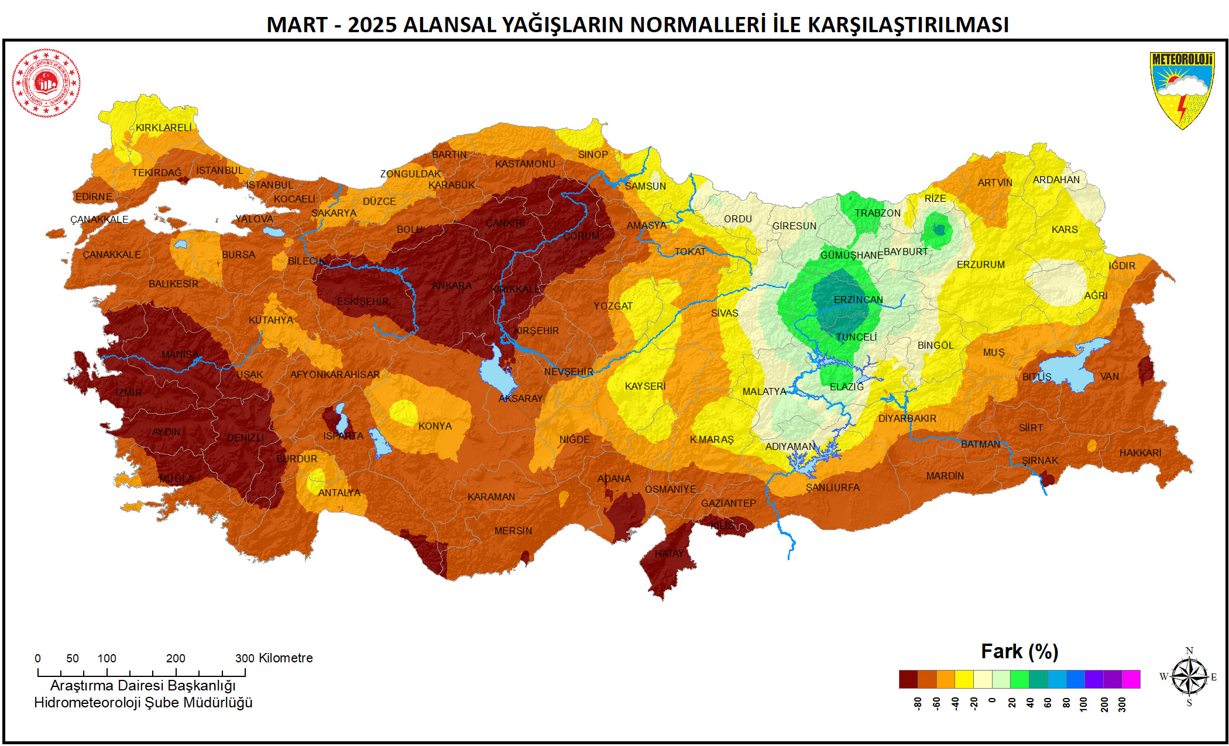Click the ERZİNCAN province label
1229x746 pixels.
(x=858, y=300)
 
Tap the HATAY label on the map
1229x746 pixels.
(x=669, y=554)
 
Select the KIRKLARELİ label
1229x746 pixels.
(x=163, y=128)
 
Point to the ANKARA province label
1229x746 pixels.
(x=451, y=286)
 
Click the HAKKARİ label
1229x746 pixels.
(x=1140, y=453)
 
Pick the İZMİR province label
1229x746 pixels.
(x=128, y=393)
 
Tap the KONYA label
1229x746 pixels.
(x=435, y=426)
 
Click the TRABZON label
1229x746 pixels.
(x=877, y=213)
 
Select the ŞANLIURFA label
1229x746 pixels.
(x=832, y=487)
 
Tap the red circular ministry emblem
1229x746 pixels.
(x=46, y=82)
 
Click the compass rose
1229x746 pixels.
(x=1189, y=677)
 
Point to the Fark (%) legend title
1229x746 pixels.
(x=1019, y=651)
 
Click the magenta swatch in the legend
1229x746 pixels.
(x=1131, y=679)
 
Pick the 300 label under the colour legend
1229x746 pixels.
(x=1121, y=704)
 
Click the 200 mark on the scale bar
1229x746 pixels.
(x=176, y=658)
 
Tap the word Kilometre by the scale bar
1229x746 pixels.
(x=286, y=658)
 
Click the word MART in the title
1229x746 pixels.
(x=297, y=25)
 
